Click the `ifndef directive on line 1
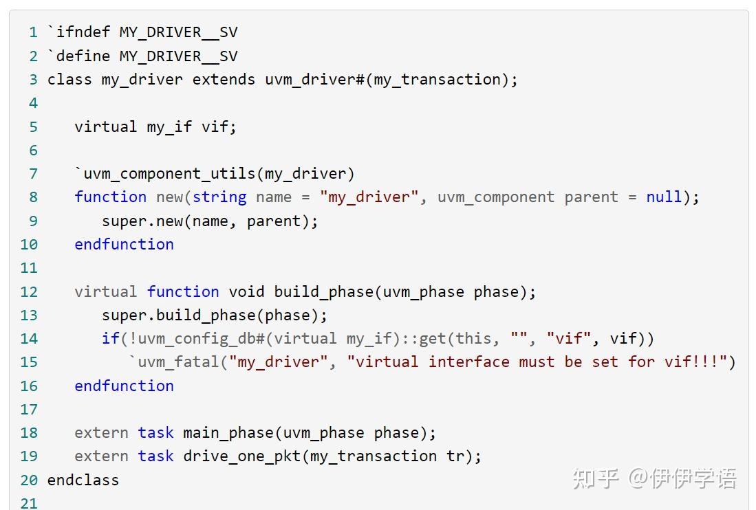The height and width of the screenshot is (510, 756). coord(76,32)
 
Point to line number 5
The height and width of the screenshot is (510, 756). coord(34,126)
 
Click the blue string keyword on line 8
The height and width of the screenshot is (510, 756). coord(219,197)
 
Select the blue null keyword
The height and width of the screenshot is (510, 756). coord(664,197)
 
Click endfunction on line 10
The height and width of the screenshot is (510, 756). coord(124,244)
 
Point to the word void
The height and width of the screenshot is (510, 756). coord(246,291)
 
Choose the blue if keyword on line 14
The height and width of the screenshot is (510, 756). coord(110,338)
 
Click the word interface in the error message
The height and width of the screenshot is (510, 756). coord(468,362)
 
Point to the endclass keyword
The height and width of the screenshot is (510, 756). coord(83,480)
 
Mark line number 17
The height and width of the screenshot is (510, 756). coord(29,409)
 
